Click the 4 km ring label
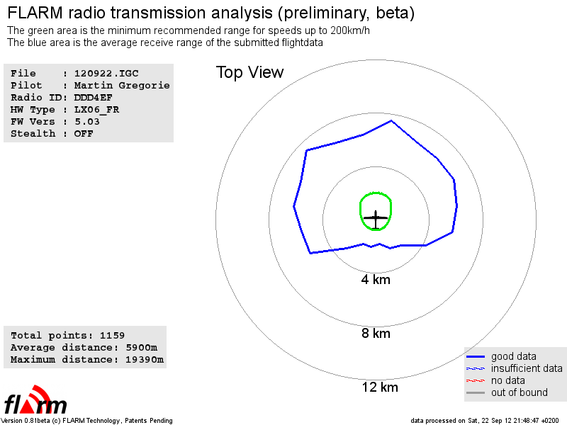pos(376,279)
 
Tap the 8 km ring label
pos(376,333)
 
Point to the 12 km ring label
pos(380,387)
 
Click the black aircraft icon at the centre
pos(376,219)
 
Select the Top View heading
pos(250,72)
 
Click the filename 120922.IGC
pos(106,74)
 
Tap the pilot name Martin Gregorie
pos(122,86)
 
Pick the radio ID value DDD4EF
pos(94,98)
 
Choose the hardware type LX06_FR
pos(96,110)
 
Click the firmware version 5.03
pos(86,122)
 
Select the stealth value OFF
pos(84,134)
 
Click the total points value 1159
pos(112,335)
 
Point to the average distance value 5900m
pos(141,348)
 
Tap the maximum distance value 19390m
pos(145,360)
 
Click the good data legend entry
pos(501,356)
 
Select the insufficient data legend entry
pos(515,368)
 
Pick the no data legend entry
pos(495,380)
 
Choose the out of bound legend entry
pos(507,392)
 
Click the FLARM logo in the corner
pos(35,400)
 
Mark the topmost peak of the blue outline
pos(391,120)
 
